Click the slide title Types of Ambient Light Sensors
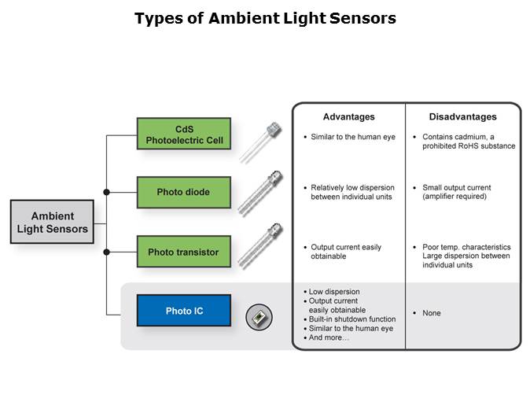point(265,18)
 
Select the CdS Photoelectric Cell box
point(184,135)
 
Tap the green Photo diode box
point(184,192)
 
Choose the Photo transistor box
point(184,252)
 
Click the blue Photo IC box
point(184,311)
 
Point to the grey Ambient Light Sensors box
point(53,222)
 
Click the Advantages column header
point(348,117)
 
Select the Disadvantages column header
point(462,117)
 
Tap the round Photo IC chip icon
point(259,316)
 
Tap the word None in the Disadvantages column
point(431,313)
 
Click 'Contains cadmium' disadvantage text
point(463,142)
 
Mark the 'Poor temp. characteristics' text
point(466,247)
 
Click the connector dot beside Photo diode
point(107,192)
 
